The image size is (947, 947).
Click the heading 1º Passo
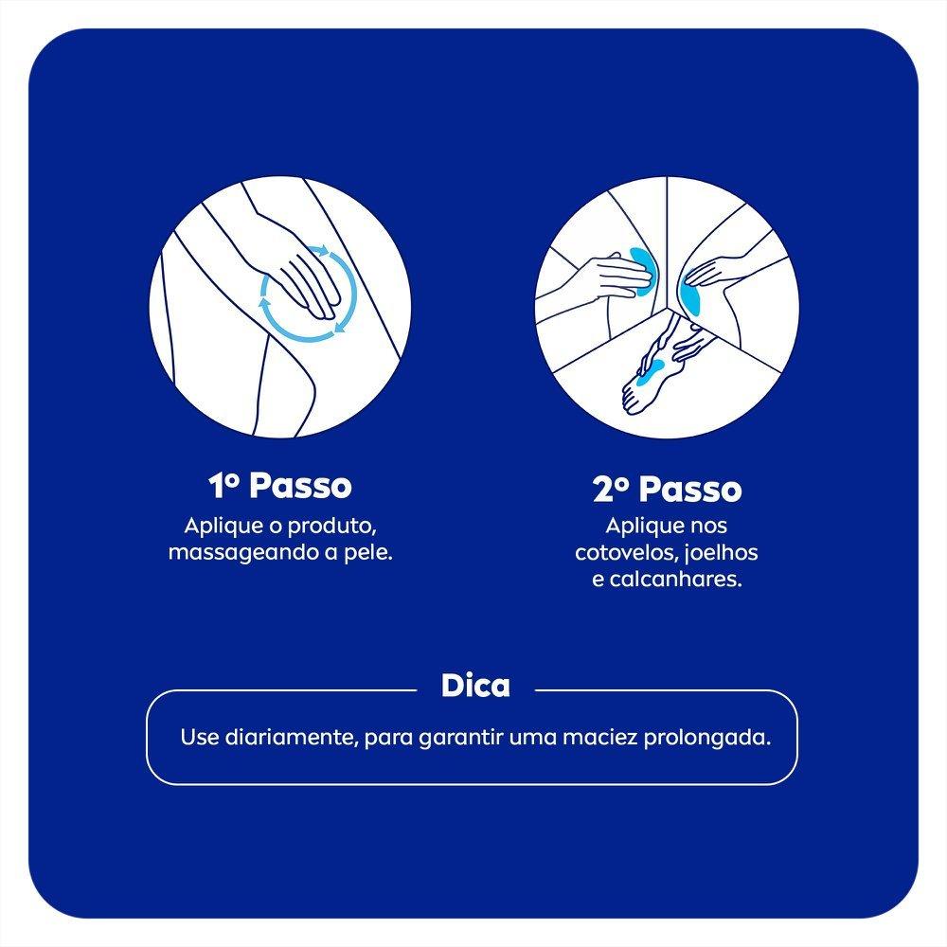[280, 486]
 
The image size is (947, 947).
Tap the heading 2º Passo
[667, 491]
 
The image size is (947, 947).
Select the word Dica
[475, 686]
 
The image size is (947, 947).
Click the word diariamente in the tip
[288, 737]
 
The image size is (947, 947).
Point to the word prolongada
[717, 737]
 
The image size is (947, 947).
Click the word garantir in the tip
[458, 737]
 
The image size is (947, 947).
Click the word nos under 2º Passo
[708, 527]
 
